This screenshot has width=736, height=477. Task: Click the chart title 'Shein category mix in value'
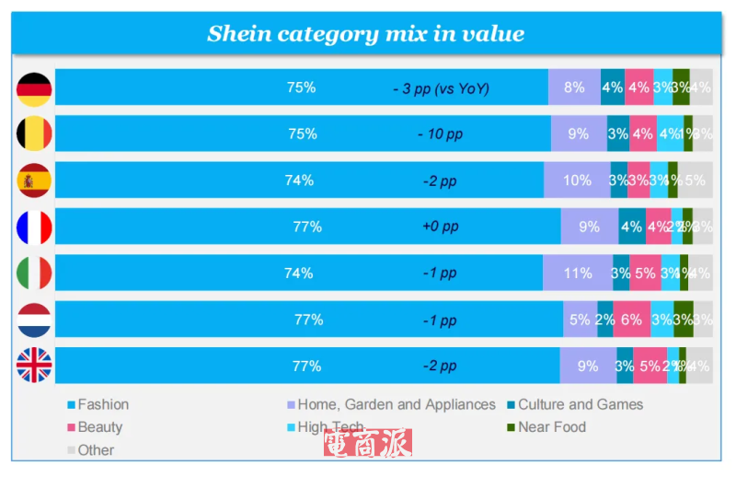coord(365,35)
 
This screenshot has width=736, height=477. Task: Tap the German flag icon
coord(34,88)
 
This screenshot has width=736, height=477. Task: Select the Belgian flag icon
coord(34,134)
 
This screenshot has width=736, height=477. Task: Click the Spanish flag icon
coord(34,181)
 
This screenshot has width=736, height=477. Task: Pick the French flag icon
coord(34,227)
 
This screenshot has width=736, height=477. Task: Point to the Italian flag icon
coord(34,273)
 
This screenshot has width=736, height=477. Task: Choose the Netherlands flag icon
coord(34,320)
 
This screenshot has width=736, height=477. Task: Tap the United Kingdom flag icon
coord(34,366)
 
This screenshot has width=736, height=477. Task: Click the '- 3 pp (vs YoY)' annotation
coord(441,88)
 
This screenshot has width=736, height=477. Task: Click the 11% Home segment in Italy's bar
coord(577,273)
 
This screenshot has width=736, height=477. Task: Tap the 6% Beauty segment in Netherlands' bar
coord(631,320)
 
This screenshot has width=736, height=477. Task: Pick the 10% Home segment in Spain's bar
coord(577,181)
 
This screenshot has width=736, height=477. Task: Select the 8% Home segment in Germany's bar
coord(574,88)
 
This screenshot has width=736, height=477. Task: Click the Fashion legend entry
coord(102,404)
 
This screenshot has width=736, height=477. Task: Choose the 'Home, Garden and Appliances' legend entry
coord(396,404)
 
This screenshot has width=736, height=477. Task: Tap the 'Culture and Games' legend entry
coord(580,404)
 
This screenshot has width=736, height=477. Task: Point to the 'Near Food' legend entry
coord(551,427)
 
